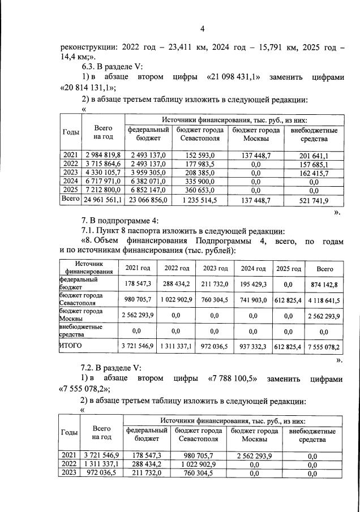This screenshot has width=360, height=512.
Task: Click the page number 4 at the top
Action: click(202, 29)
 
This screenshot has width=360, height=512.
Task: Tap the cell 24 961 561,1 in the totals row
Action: click(104, 200)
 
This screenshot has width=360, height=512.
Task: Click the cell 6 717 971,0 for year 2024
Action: click(104, 182)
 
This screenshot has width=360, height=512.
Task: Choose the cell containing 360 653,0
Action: click(199, 191)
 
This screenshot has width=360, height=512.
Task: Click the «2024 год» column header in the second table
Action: click(253, 269)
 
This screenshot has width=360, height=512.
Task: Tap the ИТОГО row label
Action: click(71, 345)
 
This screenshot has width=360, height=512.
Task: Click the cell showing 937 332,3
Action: click(253, 345)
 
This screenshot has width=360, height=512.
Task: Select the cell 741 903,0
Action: click(253, 300)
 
